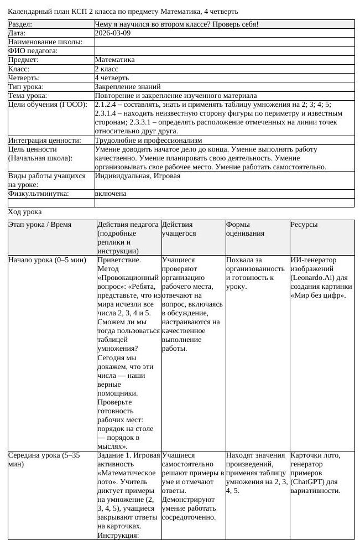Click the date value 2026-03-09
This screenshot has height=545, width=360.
click(113, 33)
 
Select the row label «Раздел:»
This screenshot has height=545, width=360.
click(20, 24)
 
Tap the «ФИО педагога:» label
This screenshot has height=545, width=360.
click(33, 51)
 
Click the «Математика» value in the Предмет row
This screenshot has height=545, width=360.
click(114, 60)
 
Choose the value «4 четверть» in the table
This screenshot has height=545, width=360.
click(113, 78)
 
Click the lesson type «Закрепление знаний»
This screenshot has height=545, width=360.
click(128, 87)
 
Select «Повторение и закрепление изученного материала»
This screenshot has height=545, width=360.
click(175, 96)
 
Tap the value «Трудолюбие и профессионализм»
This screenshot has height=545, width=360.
click(148, 141)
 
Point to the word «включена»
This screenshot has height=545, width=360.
click(111, 194)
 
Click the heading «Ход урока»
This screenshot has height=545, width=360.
click(25, 212)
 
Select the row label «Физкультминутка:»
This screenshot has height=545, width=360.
click(38, 194)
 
